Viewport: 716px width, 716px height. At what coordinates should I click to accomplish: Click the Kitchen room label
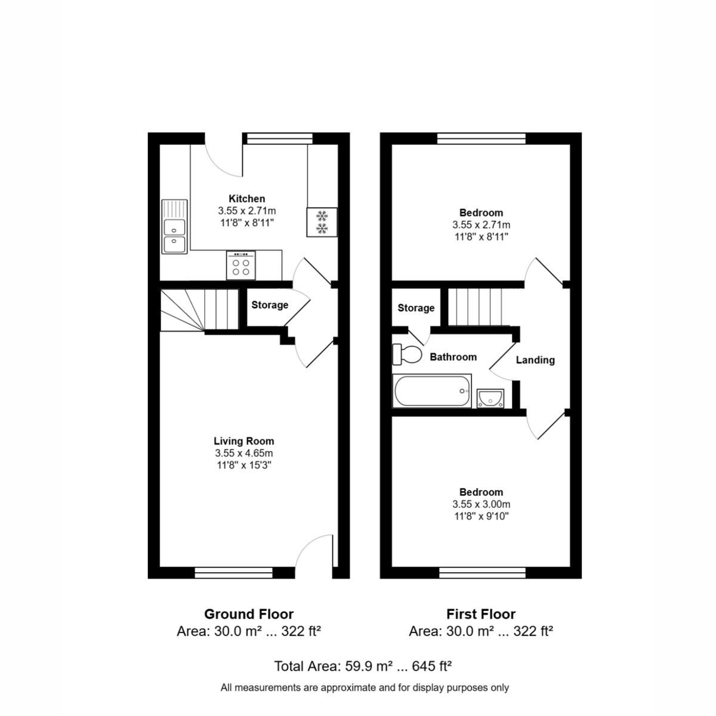click(x=246, y=199)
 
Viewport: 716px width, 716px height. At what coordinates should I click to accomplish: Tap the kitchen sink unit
click(x=174, y=227)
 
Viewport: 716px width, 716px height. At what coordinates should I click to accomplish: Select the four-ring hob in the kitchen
click(x=241, y=266)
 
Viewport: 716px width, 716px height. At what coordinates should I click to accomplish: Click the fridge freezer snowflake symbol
click(x=322, y=222)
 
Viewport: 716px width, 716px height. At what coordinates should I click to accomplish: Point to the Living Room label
click(x=244, y=441)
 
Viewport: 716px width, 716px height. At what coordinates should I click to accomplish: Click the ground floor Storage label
click(x=270, y=305)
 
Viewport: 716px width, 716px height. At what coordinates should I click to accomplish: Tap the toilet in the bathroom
click(x=406, y=354)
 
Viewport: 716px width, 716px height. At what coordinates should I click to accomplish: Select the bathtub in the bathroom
click(x=432, y=391)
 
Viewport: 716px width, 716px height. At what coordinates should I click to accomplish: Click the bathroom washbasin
click(x=490, y=399)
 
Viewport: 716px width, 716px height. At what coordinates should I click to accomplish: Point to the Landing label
click(x=535, y=360)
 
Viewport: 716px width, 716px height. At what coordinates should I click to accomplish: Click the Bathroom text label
click(x=453, y=357)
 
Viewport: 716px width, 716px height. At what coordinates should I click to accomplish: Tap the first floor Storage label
click(x=416, y=308)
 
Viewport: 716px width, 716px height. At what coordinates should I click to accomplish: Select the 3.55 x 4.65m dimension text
click(x=244, y=453)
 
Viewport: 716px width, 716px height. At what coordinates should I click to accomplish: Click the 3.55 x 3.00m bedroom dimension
click(x=481, y=504)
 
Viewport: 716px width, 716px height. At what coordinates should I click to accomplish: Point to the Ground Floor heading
click(x=249, y=614)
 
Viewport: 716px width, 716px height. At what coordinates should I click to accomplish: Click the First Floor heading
click(x=481, y=614)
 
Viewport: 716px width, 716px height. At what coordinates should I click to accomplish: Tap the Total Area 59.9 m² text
click(x=363, y=666)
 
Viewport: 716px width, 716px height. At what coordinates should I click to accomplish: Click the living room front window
click(x=234, y=573)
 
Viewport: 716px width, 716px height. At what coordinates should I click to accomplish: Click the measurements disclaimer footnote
click(x=365, y=688)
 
